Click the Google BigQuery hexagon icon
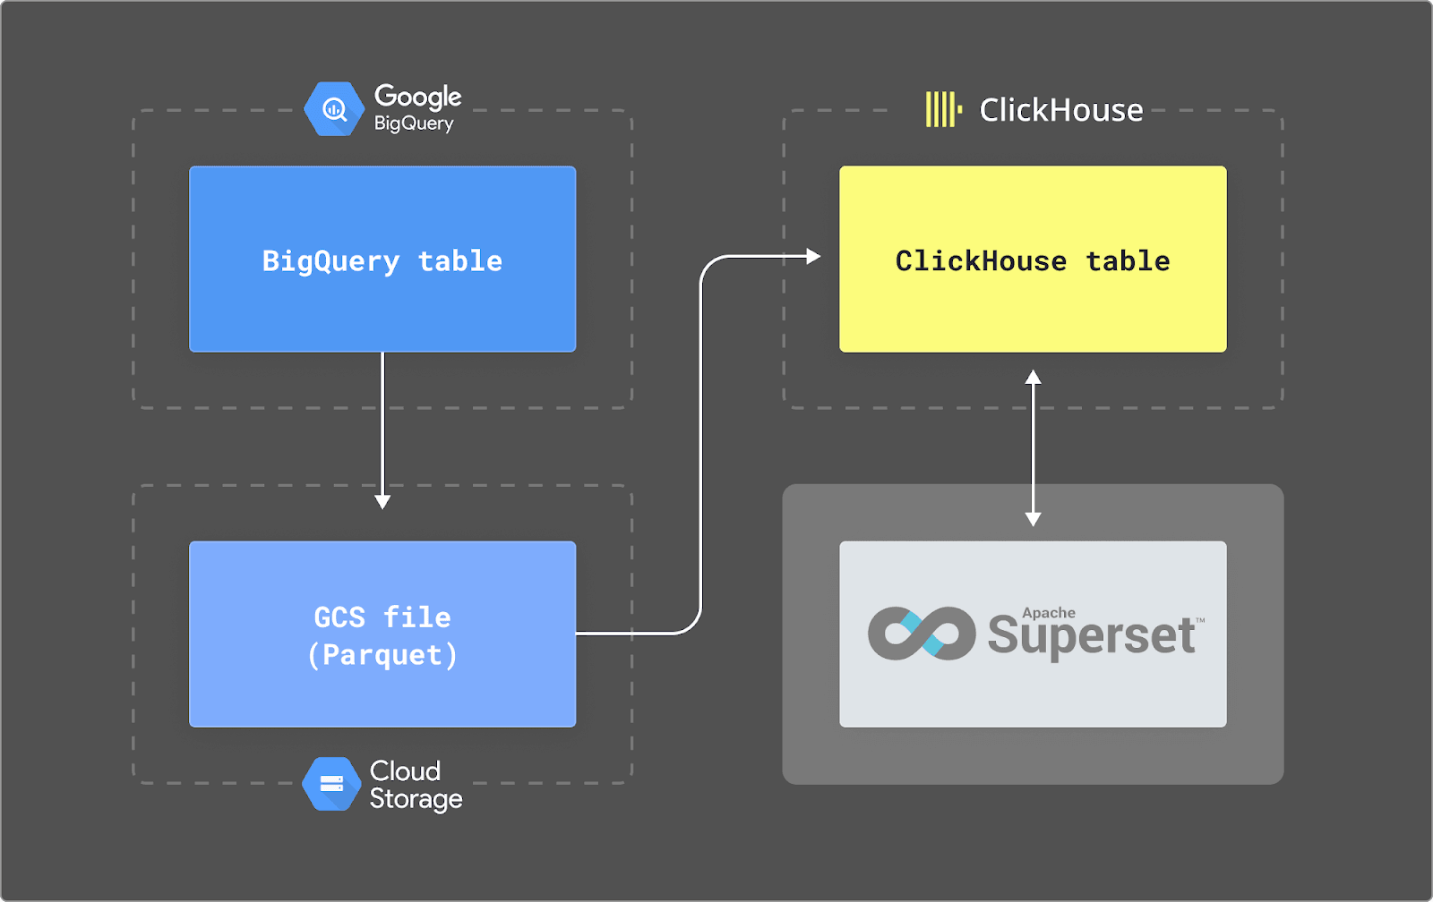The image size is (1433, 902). [x=334, y=109]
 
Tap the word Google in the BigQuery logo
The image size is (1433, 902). [x=417, y=96]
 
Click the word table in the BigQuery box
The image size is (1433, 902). [x=460, y=260]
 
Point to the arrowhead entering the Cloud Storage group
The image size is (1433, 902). [x=382, y=502]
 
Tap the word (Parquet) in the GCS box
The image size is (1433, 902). [x=382, y=655]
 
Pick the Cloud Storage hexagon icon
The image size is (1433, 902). [x=331, y=784]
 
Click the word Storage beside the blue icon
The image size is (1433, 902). [x=416, y=798]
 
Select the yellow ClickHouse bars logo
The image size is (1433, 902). [x=942, y=109]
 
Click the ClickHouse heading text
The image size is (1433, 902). [x=1061, y=110]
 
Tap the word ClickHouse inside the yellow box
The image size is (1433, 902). [x=981, y=260]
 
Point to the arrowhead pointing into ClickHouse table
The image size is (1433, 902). [x=813, y=257]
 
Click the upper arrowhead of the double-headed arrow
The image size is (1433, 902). [x=1033, y=377]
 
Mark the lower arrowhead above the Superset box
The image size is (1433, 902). [x=1033, y=519]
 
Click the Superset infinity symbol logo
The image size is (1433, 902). [x=921, y=634]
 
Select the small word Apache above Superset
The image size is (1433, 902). [x=1049, y=613]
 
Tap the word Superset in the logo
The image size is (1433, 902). [x=1091, y=636]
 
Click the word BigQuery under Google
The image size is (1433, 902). [x=413, y=123]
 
